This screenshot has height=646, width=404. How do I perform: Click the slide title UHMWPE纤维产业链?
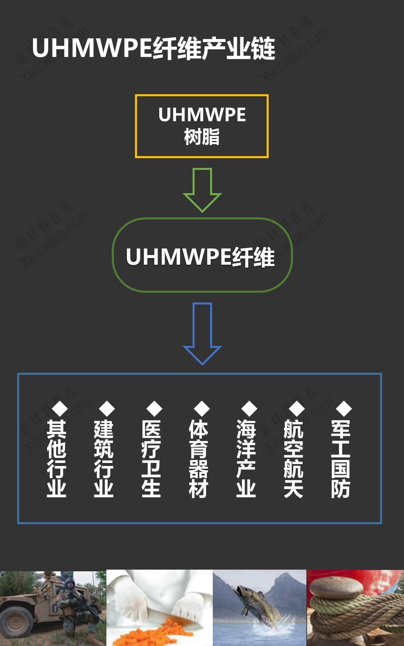pyautogui.click(x=154, y=49)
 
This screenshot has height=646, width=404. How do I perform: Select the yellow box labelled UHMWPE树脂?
pyautogui.click(x=202, y=126)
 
